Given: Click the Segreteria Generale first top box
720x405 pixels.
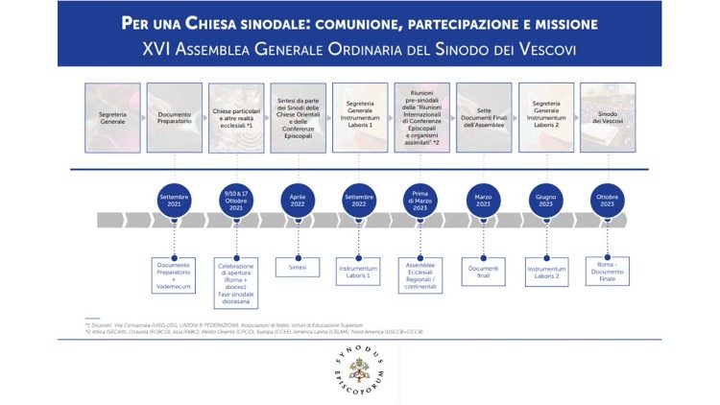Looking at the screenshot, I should coord(112,118).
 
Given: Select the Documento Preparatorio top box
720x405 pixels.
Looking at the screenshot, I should coord(175,118).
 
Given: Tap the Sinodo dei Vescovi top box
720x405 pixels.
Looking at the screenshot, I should coord(608,118).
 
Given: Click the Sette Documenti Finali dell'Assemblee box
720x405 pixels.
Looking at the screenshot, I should coord(483,118).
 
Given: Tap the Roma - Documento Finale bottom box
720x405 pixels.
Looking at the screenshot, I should coord(607,274).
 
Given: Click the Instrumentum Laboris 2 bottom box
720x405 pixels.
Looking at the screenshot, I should coord(545,274).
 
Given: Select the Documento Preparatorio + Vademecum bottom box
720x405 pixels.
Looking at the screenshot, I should coord(174,274).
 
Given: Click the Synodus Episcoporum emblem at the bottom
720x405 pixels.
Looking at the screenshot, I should coord(360,370).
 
